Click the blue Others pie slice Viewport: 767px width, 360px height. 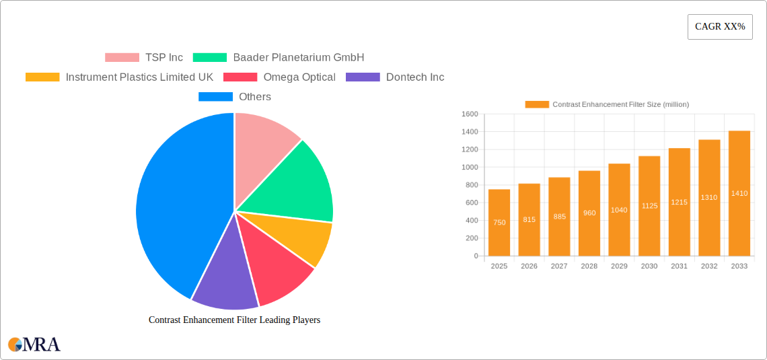click(x=175, y=209)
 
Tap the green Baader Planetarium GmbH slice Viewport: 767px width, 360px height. click(x=299, y=182)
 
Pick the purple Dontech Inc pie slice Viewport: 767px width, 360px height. click(x=222, y=276)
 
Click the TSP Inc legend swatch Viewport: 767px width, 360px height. click(x=122, y=58)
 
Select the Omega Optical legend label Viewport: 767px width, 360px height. click(x=299, y=77)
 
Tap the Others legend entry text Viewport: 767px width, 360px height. click(x=255, y=97)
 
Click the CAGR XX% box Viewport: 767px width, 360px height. click(x=720, y=27)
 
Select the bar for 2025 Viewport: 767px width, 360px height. click(x=499, y=223)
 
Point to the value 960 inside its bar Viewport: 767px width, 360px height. click(x=589, y=213)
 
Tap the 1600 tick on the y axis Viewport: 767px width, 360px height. click(x=470, y=114)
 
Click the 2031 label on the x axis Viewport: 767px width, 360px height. click(x=679, y=266)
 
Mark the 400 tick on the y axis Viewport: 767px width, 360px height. click(x=471, y=221)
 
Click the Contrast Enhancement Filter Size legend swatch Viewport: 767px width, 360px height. click(x=537, y=104)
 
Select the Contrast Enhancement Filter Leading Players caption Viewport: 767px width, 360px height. click(x=234, y=320)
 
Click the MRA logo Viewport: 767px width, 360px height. click(x=34, y=345)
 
